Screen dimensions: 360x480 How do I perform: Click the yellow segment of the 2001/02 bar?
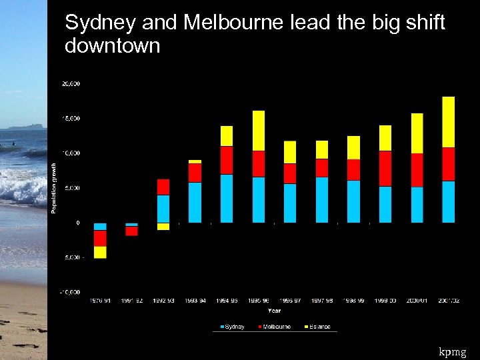tap(448, 122)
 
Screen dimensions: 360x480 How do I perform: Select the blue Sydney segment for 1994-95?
tap(227, 198)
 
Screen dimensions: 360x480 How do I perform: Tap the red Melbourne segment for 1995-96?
tap(258, 163)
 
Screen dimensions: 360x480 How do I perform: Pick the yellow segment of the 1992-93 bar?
tap(163, 226)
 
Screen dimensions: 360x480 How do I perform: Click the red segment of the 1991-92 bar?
tap(131, 231)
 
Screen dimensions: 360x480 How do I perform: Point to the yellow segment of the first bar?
tap(100, 252)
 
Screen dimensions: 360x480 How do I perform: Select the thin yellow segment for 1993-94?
tap(195, 161)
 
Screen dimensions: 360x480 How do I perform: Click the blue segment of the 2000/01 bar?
tap(417, 204)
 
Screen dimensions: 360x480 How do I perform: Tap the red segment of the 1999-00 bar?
tap(385, 169)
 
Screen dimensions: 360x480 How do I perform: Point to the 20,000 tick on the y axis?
tap(71, 84)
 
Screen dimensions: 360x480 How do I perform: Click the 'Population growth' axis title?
tap(55, 188)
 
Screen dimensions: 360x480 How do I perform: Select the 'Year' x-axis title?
tap(274, 310)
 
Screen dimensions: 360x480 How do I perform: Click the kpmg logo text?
tap(453, 351)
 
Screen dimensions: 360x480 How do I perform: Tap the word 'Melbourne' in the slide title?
tap(234, 23)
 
